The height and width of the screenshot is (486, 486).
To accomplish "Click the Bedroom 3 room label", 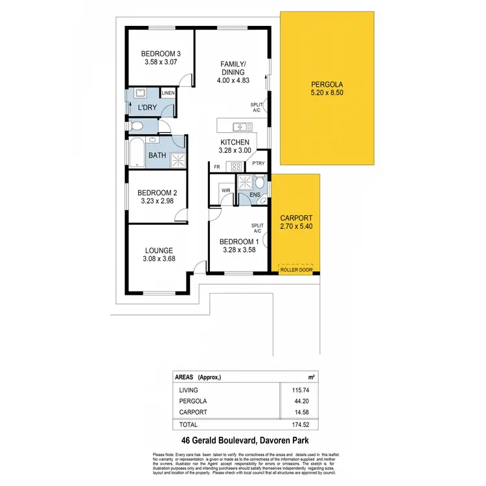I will tap(161, 53).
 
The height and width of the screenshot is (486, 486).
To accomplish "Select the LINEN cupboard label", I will tap(168, 93).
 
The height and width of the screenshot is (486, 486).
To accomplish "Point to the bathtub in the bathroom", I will tap(135, 153).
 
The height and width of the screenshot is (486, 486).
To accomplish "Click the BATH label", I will tap(157, 156).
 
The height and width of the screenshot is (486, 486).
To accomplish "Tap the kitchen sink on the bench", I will tap(241, 126).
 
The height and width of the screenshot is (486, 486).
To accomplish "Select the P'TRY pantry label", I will tap(259, 164).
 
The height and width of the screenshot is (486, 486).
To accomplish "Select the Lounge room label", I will tap(159, 250).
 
